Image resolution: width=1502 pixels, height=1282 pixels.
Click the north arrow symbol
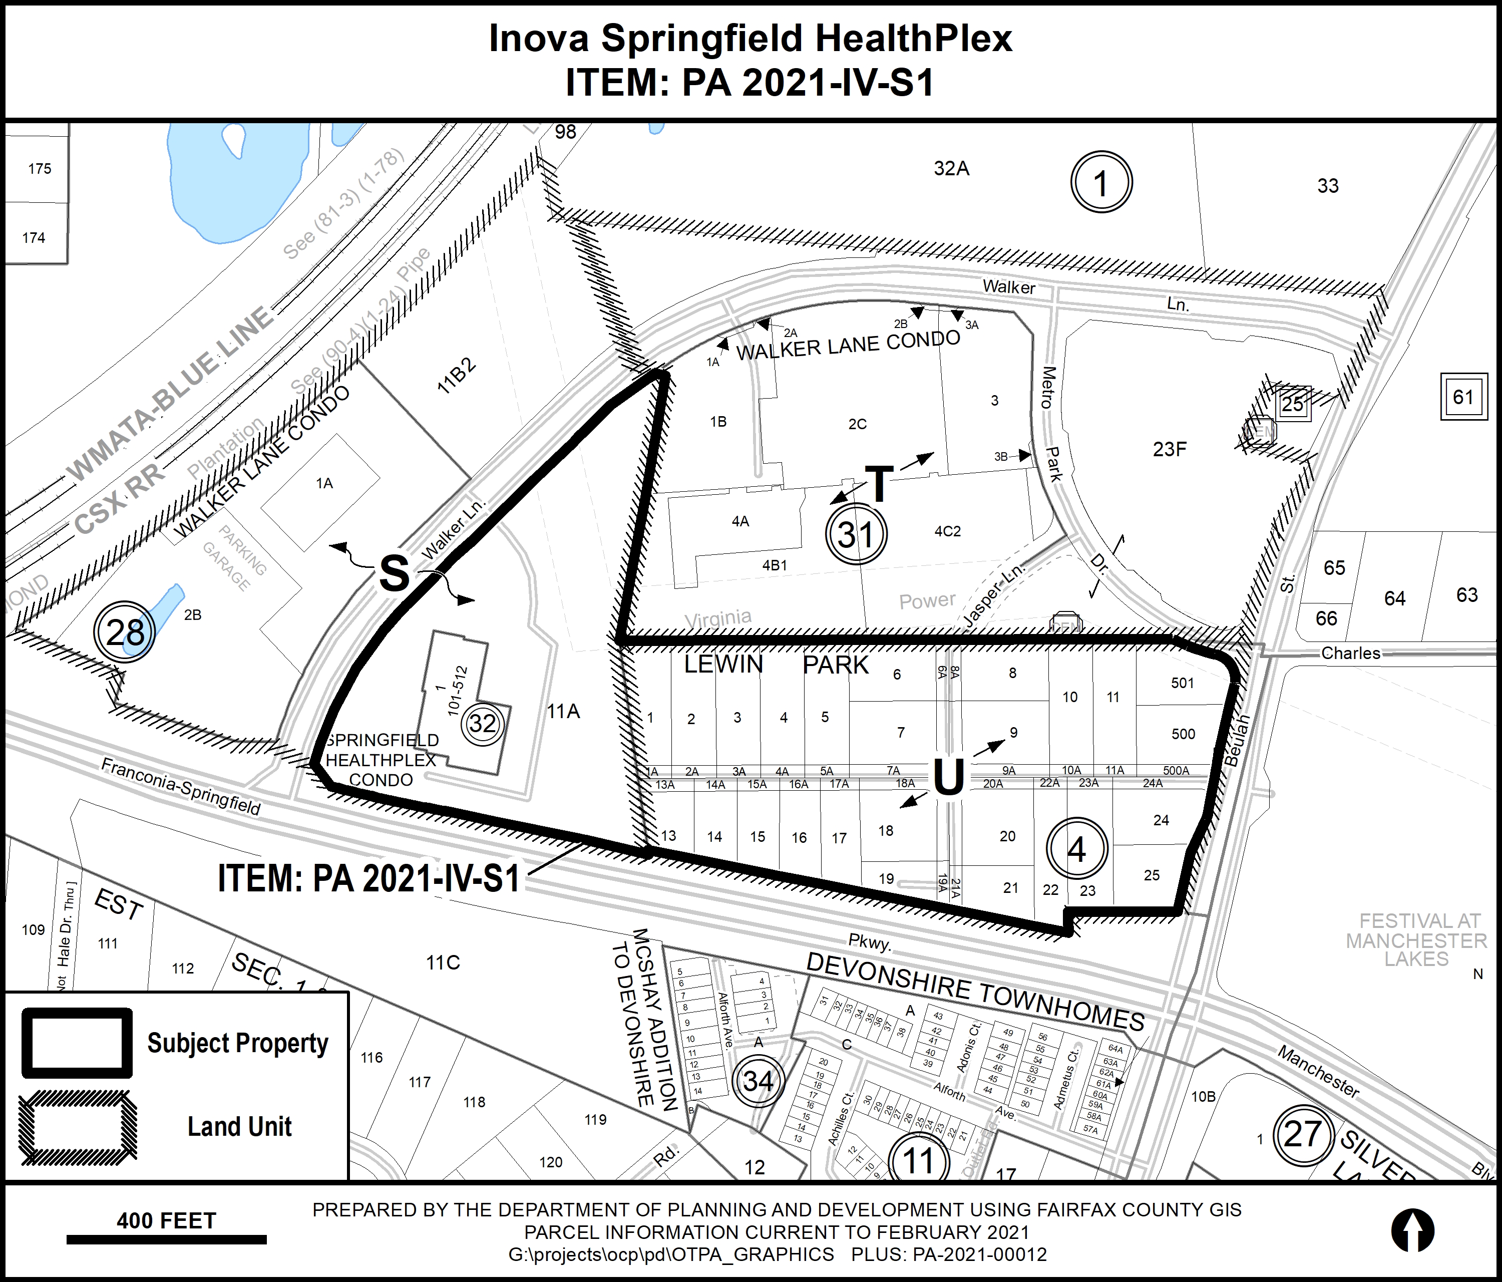coord(1412,1230)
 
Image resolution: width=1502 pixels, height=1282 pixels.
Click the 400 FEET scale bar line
coord(166,1240)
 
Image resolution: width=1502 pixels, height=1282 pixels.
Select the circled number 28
coord(125,631)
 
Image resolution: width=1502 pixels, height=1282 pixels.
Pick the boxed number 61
coord(1463,397)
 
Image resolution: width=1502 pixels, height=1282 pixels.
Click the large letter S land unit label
coord(395,573)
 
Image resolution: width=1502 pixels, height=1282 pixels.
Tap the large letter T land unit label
coord(879,484)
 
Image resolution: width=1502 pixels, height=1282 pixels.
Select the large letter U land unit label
coord(947,778)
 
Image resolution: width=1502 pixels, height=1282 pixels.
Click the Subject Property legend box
coord(77,1043)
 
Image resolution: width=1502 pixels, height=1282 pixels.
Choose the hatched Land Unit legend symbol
coord(77,1127)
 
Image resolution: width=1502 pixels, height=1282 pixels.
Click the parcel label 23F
coord(1169,450)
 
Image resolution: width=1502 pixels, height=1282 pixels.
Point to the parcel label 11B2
coord(456,376)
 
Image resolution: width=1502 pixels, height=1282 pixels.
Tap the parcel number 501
coord(1182,683)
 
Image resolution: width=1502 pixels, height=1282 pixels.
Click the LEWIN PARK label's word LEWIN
coord(723,664)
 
